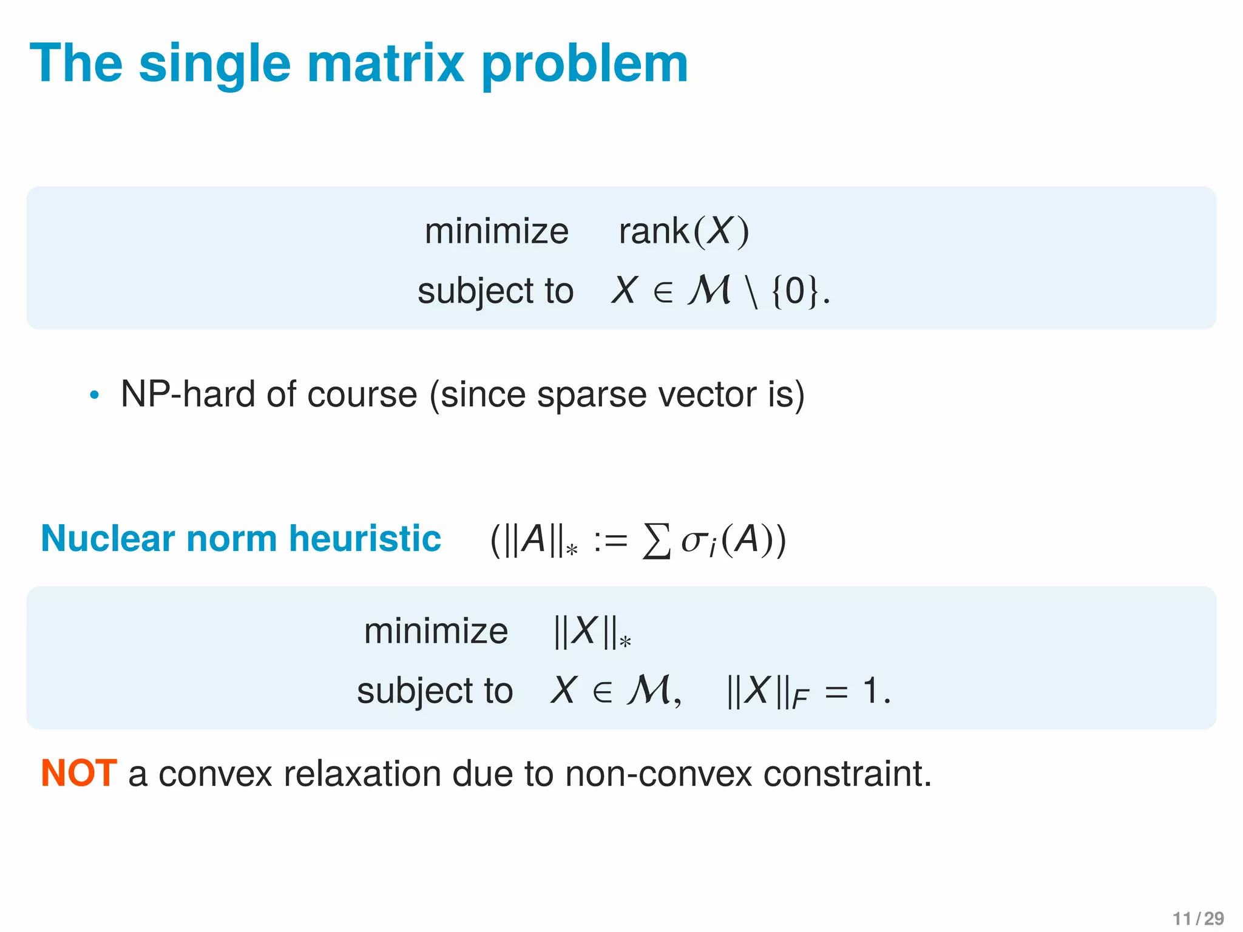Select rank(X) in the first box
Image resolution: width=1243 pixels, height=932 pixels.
pyautogui.click(x=684, y=231)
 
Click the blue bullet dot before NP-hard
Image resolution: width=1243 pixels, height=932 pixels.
pyautogui.click(x=93, y=396)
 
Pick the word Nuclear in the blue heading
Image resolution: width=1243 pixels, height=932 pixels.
pyautogui.click(x=107, y=538)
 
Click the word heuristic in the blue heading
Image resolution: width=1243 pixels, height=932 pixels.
pyautogui.click(x=365, y=538)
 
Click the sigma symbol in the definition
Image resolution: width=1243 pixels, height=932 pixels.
pyautogui.click(x=693, y=541)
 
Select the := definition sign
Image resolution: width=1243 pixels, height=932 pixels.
pyautogui.click(x=610, y=541)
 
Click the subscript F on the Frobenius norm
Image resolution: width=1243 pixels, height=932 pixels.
pyautogui.click(x=800, y=700)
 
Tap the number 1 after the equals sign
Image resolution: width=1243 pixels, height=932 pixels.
pyautogui.click(x=870, y=691)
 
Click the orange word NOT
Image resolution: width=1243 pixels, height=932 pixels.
pyautogui.click(x=78, y=774)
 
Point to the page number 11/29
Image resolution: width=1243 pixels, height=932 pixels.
pyautogui.click(x=1197, y=919)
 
